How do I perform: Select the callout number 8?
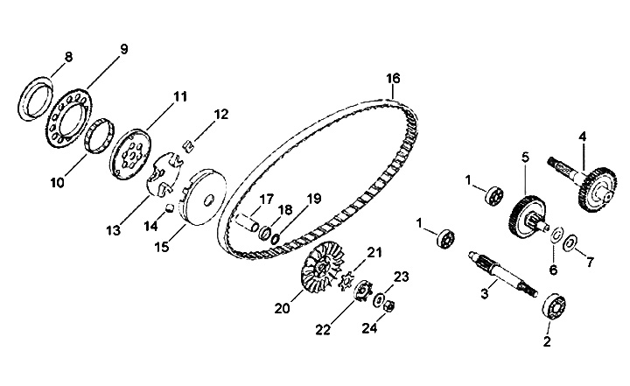68,57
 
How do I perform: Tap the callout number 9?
122,49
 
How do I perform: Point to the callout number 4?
582,137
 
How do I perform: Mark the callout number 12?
220,114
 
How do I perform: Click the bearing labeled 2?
555,308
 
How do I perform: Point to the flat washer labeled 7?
570,242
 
